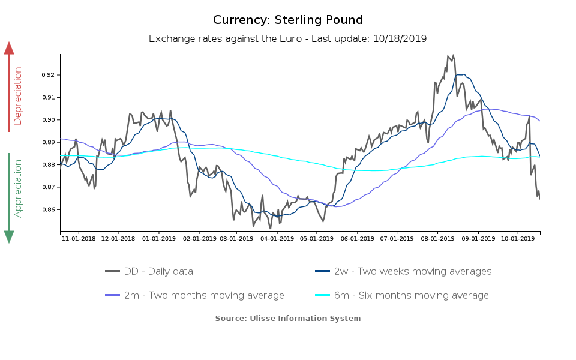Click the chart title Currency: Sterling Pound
click(x=288, y=20)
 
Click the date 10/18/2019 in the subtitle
click(x=400, y=38)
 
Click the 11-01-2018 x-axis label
click(x=79, y=238)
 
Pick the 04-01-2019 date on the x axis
click(x=277, y=238)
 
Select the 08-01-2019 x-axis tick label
click(x=438, y=238)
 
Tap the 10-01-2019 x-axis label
click(x=518, y=238)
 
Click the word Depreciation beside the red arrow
click(x=17, y=96)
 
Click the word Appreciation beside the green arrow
click(x=17, y=188)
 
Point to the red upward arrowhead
click(x=9, y=48)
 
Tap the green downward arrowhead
click(x=9, y=236)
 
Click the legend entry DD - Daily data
click(x=158, y=271)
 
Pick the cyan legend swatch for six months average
click(x=323, y=295)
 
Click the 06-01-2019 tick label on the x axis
click(x=357, y=238)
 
